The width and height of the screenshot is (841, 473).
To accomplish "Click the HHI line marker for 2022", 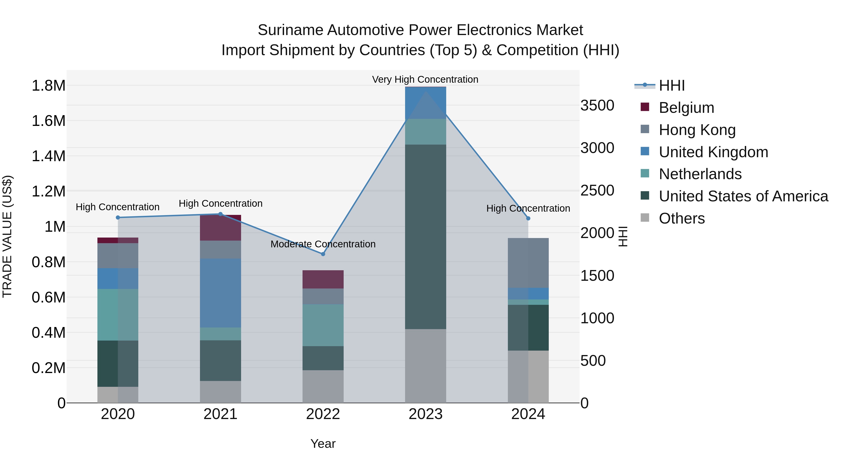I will (323, 254).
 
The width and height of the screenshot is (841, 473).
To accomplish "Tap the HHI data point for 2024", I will (528, 218).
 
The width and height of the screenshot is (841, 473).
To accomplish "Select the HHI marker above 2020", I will (118, 217).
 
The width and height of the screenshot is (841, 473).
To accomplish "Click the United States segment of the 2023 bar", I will (425, 237).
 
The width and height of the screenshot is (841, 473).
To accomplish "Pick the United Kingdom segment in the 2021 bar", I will (220, 293).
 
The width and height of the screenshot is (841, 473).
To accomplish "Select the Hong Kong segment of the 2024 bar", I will (528, 263).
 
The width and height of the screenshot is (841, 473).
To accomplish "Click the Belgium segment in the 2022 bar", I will (323, 279).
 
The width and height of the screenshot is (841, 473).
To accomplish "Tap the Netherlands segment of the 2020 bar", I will (118, 314).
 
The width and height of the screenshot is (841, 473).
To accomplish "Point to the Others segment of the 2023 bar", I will (425, 366).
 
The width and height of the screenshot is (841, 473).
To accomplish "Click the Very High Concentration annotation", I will (425, 79).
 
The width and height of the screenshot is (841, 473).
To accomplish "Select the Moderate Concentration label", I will (323, 244).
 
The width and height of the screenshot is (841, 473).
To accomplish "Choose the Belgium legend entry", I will (686, 108).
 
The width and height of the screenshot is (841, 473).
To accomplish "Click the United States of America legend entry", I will (743, 196).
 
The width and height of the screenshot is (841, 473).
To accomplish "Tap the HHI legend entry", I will (672, 85).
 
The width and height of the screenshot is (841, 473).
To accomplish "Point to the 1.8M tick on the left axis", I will (48, 86).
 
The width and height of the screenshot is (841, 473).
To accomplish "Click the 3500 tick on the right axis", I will (597, 105).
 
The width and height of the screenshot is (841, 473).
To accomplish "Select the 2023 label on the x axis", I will (425, 414).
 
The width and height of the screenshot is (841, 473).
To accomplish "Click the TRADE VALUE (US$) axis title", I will (7, 236).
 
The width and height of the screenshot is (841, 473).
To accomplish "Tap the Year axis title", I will (323, 444).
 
